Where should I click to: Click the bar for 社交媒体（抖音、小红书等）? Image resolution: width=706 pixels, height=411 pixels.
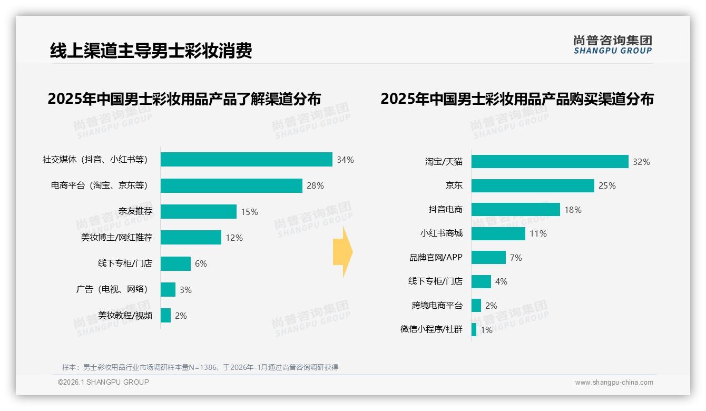[246, 160]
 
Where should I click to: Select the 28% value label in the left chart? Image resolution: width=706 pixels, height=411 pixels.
[315, 186]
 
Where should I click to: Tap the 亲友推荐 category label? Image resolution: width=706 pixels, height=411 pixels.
[135, 212]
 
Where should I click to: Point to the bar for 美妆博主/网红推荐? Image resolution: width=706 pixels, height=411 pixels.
[191, 238]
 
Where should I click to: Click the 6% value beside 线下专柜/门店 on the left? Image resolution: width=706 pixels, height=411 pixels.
[201, 263]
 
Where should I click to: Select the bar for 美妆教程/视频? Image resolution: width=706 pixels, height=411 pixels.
[165, 316]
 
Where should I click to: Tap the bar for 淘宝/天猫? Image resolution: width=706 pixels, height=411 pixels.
[550, 162]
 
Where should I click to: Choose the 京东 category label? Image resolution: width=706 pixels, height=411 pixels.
[454, 185]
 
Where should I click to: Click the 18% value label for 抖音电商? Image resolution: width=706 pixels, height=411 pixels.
[573, 210]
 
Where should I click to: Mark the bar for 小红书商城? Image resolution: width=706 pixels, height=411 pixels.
[498, 233]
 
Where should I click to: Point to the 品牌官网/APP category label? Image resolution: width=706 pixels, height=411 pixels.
[436, 258]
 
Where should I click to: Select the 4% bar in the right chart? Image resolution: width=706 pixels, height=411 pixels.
[481, 282]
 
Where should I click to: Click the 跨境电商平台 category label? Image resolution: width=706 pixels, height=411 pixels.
[437, 306]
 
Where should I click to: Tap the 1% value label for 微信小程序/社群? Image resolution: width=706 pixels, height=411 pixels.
[486, 330]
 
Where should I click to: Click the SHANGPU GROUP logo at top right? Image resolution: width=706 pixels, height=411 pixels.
[612, 45]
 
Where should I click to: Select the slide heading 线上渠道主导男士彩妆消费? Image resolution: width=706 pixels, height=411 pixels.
[151, 51]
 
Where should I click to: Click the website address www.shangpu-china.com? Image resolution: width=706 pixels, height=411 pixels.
[614, 383]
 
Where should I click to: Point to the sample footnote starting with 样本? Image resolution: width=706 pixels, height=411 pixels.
[200, 367]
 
